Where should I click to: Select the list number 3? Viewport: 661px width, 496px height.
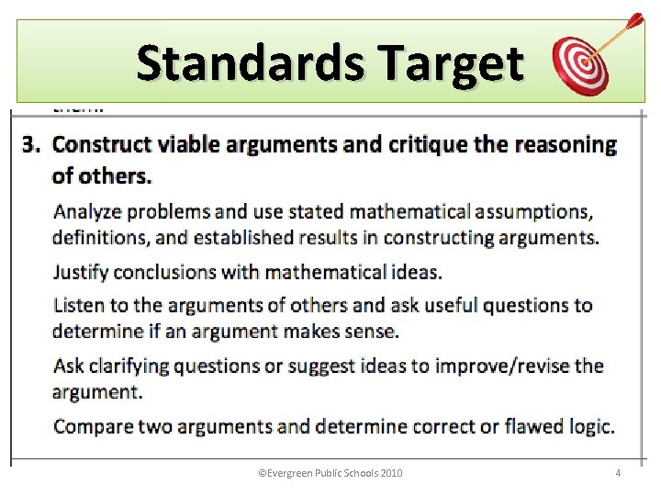[x=30, y=145]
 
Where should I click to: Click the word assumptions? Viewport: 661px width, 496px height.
[x=533, y=212]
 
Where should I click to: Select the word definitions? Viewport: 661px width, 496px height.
[x=97, y=238]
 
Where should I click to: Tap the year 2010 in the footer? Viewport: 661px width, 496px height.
[x=388, y=474]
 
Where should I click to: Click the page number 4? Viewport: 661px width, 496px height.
[x=618, y=474]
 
